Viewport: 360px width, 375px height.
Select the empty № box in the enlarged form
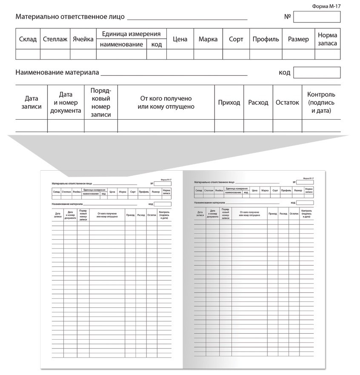click(x=317, y=17)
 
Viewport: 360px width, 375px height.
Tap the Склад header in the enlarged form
click(x=28, y=39)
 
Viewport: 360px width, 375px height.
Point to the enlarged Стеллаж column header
click(x=55, y=39)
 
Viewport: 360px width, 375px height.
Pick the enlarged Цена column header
click(x=180, y=39)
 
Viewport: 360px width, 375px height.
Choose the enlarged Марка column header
click(x=208, y=39)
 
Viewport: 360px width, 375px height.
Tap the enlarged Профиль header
click(x=266, y=39)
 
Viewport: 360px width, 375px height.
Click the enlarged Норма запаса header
click(x=327, y=39)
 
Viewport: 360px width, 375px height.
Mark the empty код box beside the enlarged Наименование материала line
click(x=317, y=72)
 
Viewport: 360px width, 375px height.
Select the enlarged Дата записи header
click(x=31, y=103)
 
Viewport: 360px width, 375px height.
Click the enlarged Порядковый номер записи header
click(x=101, y=103)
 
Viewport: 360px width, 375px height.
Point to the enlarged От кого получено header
click(x=166, y=103)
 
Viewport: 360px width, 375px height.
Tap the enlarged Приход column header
click(x=229, y=103)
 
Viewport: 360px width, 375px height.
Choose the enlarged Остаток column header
click(x=287, y=103)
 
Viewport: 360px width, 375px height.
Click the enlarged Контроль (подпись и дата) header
click(x=321, y=103)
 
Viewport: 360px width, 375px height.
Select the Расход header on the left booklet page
click(x=141, y=215)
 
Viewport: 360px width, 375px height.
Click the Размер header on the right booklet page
click(x=297, y=190)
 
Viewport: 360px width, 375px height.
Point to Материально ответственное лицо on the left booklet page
click(x=72, y=183)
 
